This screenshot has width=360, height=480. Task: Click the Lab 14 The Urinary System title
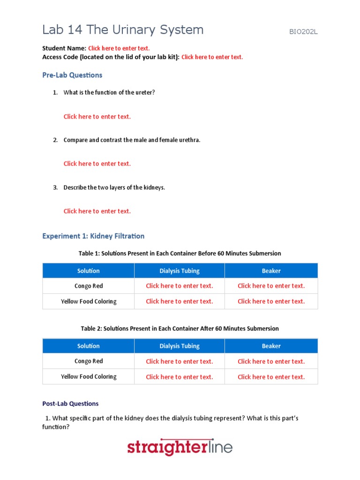pos(123,30)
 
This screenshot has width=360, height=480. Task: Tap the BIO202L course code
pos(303,32)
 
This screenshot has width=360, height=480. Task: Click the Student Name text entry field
pos(119,48)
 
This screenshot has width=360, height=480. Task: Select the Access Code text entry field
pos(212,57)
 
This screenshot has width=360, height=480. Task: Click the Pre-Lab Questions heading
pos(72,75)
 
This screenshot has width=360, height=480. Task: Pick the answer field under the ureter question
pos(97,117)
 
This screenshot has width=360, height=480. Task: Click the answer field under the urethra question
pos(97,164)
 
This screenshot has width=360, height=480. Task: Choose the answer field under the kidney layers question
pos(97,211)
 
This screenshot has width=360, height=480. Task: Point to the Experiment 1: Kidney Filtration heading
pos(93,236)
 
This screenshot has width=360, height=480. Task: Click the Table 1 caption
pos(180,254)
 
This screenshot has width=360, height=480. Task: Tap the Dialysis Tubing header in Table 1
pos(179,271)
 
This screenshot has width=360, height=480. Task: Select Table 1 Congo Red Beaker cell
pos(271,286)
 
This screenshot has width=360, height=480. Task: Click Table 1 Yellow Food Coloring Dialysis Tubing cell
pos(179,301)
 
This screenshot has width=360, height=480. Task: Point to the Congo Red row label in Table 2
pos(89,361)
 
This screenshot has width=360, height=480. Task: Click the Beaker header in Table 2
pos(271,346)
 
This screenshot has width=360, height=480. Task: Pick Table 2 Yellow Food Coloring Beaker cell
pos(271,377)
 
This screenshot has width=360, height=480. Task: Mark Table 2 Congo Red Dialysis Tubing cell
pos(179,361)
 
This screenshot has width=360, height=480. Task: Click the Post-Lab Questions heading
pos(70,404)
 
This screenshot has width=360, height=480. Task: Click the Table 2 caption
pos(180,329)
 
